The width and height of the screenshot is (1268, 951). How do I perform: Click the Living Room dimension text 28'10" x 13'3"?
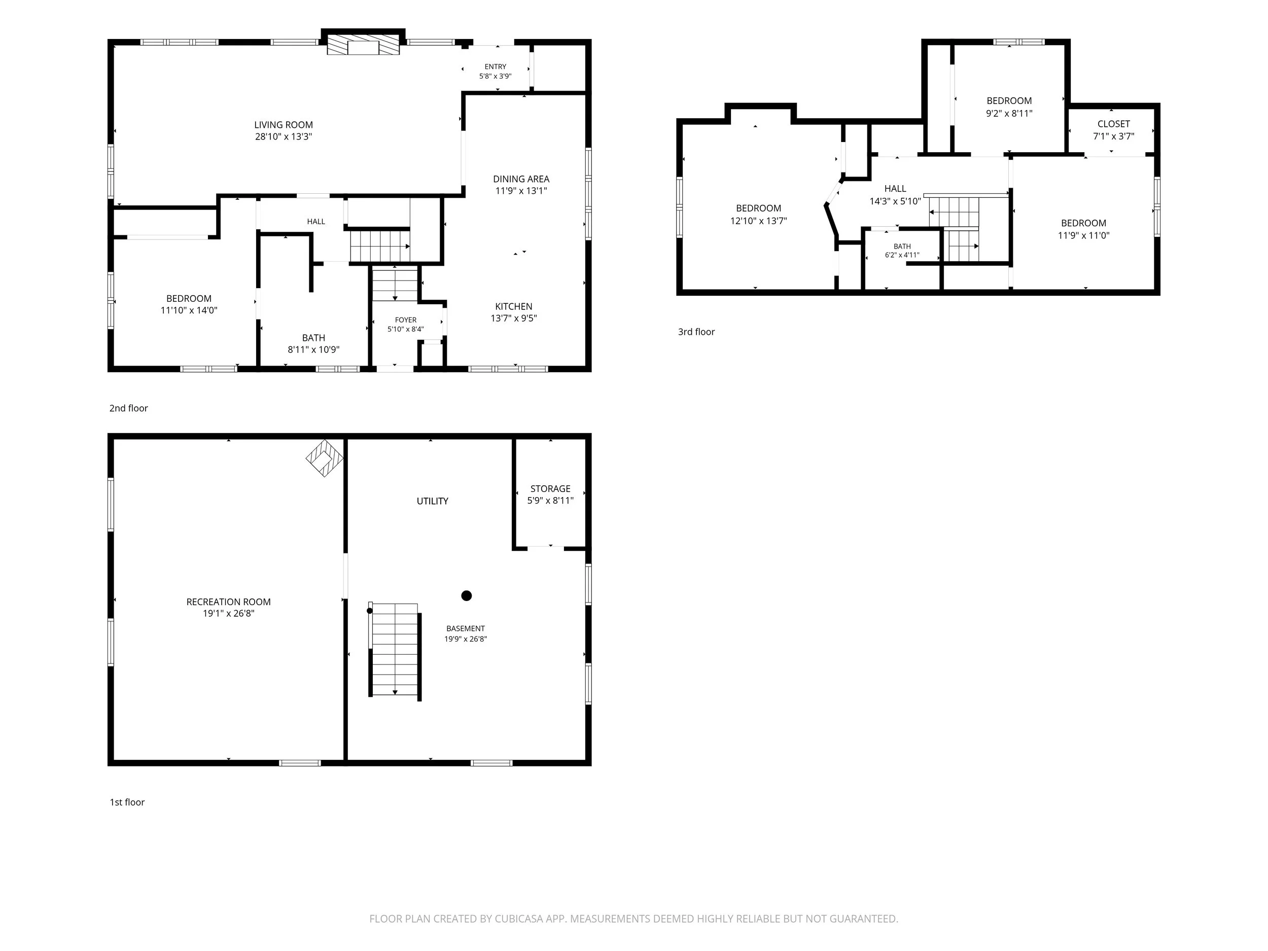point(283,136)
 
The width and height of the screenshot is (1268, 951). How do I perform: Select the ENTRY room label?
point(495,66)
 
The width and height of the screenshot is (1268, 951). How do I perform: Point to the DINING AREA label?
point(521,179)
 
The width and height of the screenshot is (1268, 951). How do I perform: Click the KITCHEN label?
point(514,307)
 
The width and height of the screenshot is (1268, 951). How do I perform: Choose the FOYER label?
point(406,320)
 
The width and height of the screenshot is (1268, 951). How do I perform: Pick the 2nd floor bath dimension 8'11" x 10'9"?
point(313,349)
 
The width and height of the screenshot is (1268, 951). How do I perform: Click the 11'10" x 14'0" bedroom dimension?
point(189,310)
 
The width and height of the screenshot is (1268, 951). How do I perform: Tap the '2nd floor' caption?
point(128,408)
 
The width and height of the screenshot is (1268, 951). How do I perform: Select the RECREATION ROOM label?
point(228,602)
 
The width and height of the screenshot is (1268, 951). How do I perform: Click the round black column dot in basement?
point(467,595)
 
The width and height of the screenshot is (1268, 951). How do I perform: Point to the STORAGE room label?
point(550,488)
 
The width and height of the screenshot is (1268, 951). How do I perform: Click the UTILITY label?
point(432,501)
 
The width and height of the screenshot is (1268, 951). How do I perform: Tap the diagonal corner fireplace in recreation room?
point(325,459)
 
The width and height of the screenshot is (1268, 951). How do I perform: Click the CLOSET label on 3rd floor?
point(1114,124)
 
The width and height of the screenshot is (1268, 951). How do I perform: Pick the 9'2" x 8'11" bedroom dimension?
point(1009,114)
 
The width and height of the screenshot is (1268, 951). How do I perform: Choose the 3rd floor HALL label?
point(895,189)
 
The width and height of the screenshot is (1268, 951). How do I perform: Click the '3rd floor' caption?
point(696,332)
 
